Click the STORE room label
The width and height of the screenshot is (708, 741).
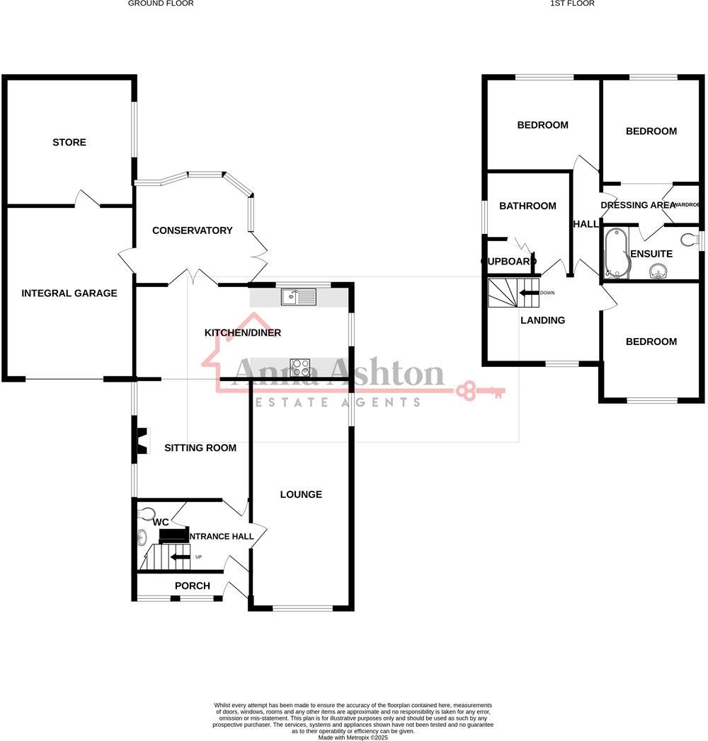[x=69, y=142]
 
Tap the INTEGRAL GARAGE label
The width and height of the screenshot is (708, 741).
[x=69, y=293]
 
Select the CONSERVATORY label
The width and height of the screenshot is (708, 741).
[x=192, y=231]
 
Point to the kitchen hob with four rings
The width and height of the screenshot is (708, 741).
[x=300, y=368]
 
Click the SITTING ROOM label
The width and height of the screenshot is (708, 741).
[x=200, y=448]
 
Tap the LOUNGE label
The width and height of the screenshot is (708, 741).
[x=301, y=494]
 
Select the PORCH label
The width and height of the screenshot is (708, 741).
[x=193, y=585]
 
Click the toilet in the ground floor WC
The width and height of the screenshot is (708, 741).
[x=146, y=513]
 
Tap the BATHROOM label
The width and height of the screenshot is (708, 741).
[x=527, y=206]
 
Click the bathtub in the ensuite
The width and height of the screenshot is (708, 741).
[x=613, y=252]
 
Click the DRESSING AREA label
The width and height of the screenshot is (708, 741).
[x=638, y=205]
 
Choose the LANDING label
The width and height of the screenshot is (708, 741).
[x=543, y=320]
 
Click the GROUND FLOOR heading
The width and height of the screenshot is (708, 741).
[x=161, y=4]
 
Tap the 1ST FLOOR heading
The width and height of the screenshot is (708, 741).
[x=572, y=4]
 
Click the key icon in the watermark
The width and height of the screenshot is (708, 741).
[x=481, y=390]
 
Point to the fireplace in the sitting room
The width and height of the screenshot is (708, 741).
[x=142, y=441]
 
